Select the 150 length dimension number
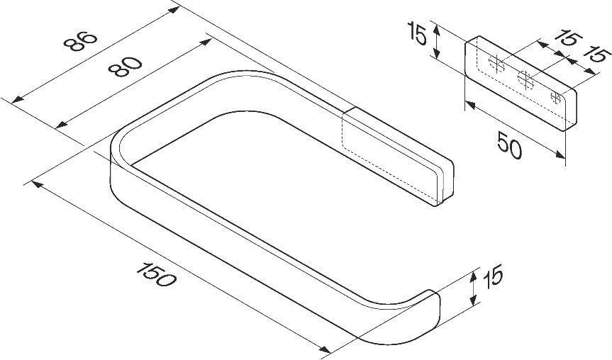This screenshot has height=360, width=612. (157, 274)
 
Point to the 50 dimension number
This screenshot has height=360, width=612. (510, 145)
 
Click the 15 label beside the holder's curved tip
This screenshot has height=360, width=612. (493, 276)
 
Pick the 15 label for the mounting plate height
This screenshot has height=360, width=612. (417, 33)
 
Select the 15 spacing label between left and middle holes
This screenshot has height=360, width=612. (568, 39)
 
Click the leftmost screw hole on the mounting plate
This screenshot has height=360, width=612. (496, 64)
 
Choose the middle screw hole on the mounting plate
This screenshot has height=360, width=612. (525, 80)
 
